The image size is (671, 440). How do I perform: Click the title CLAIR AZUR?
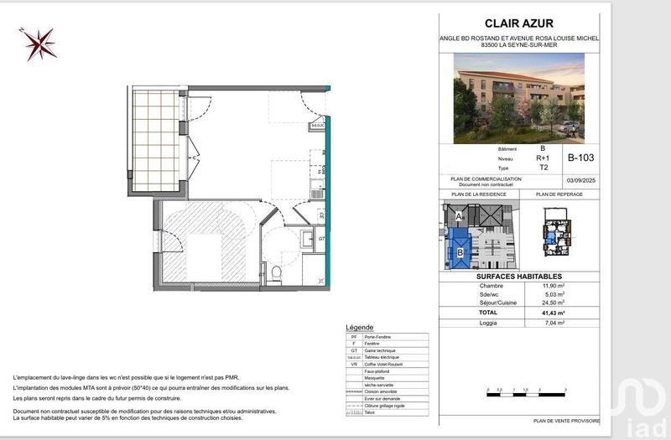point(519,23)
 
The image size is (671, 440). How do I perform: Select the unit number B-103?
point(580,157)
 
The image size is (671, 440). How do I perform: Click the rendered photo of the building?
point(519,98)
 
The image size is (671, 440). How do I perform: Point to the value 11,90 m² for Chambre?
point(554,286)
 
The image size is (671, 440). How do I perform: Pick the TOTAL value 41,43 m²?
point(554,313)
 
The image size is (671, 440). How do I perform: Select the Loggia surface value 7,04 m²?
point(554,323)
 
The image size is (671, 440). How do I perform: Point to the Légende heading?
point(359,327)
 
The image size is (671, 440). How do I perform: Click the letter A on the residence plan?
point(458,215)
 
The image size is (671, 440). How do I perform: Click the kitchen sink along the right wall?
point(315,185)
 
